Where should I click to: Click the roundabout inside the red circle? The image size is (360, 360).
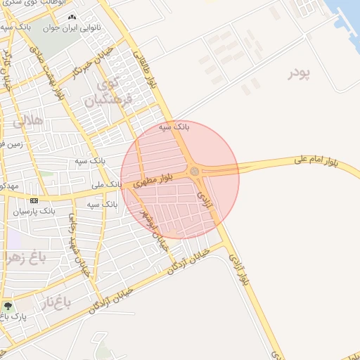pyautogui.click(x=193, y=170)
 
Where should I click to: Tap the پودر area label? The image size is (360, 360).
pyautogui.click(x=299, y=74)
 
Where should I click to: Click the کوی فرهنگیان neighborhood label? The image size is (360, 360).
pyautogui.click(x=109, y=93)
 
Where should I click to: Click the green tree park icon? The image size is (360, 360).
pyautogui.click(x=8, y=307)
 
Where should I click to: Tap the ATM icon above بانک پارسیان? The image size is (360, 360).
pyautogui.click(x=34, y=200)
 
